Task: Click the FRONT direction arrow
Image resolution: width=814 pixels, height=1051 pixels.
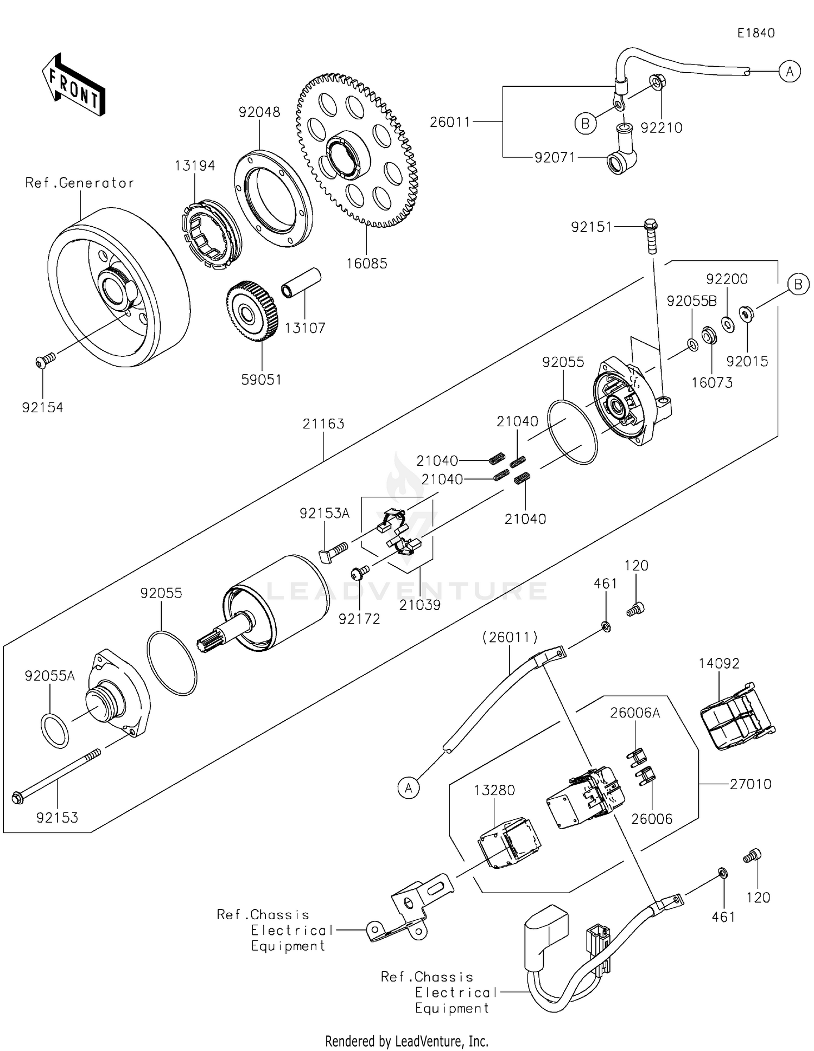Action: coord(73,85)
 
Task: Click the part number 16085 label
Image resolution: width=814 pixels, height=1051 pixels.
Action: coord(367,264)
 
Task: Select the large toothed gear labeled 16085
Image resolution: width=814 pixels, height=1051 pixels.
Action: coord(358,152)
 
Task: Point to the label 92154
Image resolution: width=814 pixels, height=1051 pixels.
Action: coord(42,407)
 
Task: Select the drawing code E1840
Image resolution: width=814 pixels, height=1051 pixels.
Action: coord(755,33)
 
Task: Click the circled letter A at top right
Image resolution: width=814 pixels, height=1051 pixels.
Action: coord(790,71)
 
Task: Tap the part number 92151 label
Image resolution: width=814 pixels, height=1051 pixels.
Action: coord(591,227)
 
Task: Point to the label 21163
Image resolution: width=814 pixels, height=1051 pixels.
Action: coord(323,424)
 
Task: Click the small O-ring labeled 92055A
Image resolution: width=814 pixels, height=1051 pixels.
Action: coord(55,731)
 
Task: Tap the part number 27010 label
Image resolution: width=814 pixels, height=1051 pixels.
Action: coord(751,784)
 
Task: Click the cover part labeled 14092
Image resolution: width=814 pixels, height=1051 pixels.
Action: coord(735,717)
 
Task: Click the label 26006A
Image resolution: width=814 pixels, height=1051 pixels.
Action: coord(635,713)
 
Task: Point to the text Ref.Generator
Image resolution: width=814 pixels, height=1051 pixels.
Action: coord(80,183)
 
